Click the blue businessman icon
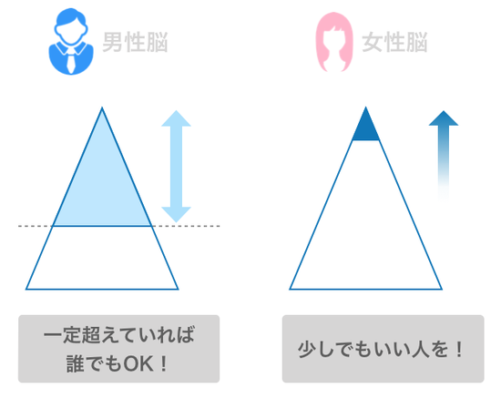point(71,42)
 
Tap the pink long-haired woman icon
point(334,42)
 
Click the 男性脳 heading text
point(135,42)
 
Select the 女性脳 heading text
point(395,42)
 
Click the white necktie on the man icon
point(71,62)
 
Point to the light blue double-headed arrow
point(176,166)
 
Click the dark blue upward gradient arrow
point(444,153)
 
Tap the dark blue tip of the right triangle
point(366,127)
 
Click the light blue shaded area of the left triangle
point(102,185)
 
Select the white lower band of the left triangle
point(102,258)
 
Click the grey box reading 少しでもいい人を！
point(383,349)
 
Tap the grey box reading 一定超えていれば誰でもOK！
point(118,349)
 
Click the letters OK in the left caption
point(138,363)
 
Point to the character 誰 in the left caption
point(76,363)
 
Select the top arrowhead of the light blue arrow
point(176,118)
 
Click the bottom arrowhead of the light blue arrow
point(176,214)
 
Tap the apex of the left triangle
point(102,107)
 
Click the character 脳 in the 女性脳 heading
point(417,42)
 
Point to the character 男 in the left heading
point(112,42)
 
